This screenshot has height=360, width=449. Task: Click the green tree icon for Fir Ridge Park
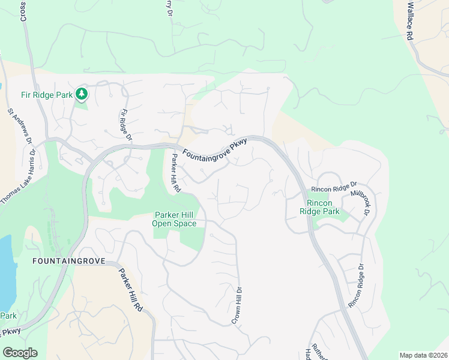tap(82, 94)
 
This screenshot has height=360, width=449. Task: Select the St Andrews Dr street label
tap(20, 127)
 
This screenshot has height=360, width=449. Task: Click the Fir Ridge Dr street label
tap(125, 125)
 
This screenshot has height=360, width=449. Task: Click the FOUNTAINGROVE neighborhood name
tap(68, 261)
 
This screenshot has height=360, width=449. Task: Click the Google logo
tap(20, 352)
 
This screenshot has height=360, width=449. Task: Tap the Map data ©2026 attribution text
tap(423, 355)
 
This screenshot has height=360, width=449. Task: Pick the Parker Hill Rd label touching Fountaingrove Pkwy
tap(175, 173)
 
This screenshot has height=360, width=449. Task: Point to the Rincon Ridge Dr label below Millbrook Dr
tap(356, 286)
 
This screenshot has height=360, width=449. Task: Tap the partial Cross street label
tap(23, 11)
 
